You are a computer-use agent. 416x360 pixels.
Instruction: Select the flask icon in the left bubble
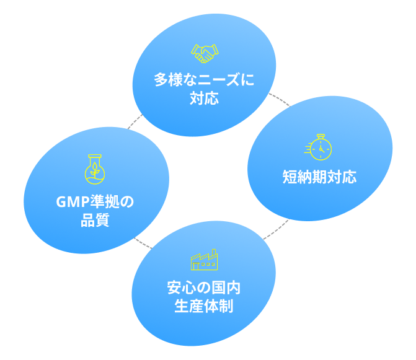pos(94,169)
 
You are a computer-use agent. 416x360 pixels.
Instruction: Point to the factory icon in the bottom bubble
pos(204,260)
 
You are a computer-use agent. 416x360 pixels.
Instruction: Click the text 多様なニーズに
pos(204,81)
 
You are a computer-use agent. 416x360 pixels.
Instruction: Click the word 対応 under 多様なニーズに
pos(204,99)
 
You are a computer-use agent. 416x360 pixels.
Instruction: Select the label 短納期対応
pos(319,178)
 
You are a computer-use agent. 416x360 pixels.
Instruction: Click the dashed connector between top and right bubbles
pos(280,100)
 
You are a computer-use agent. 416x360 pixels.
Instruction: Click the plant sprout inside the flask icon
pos(94,172)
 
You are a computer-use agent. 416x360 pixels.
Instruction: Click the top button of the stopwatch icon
pos(321,135)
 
